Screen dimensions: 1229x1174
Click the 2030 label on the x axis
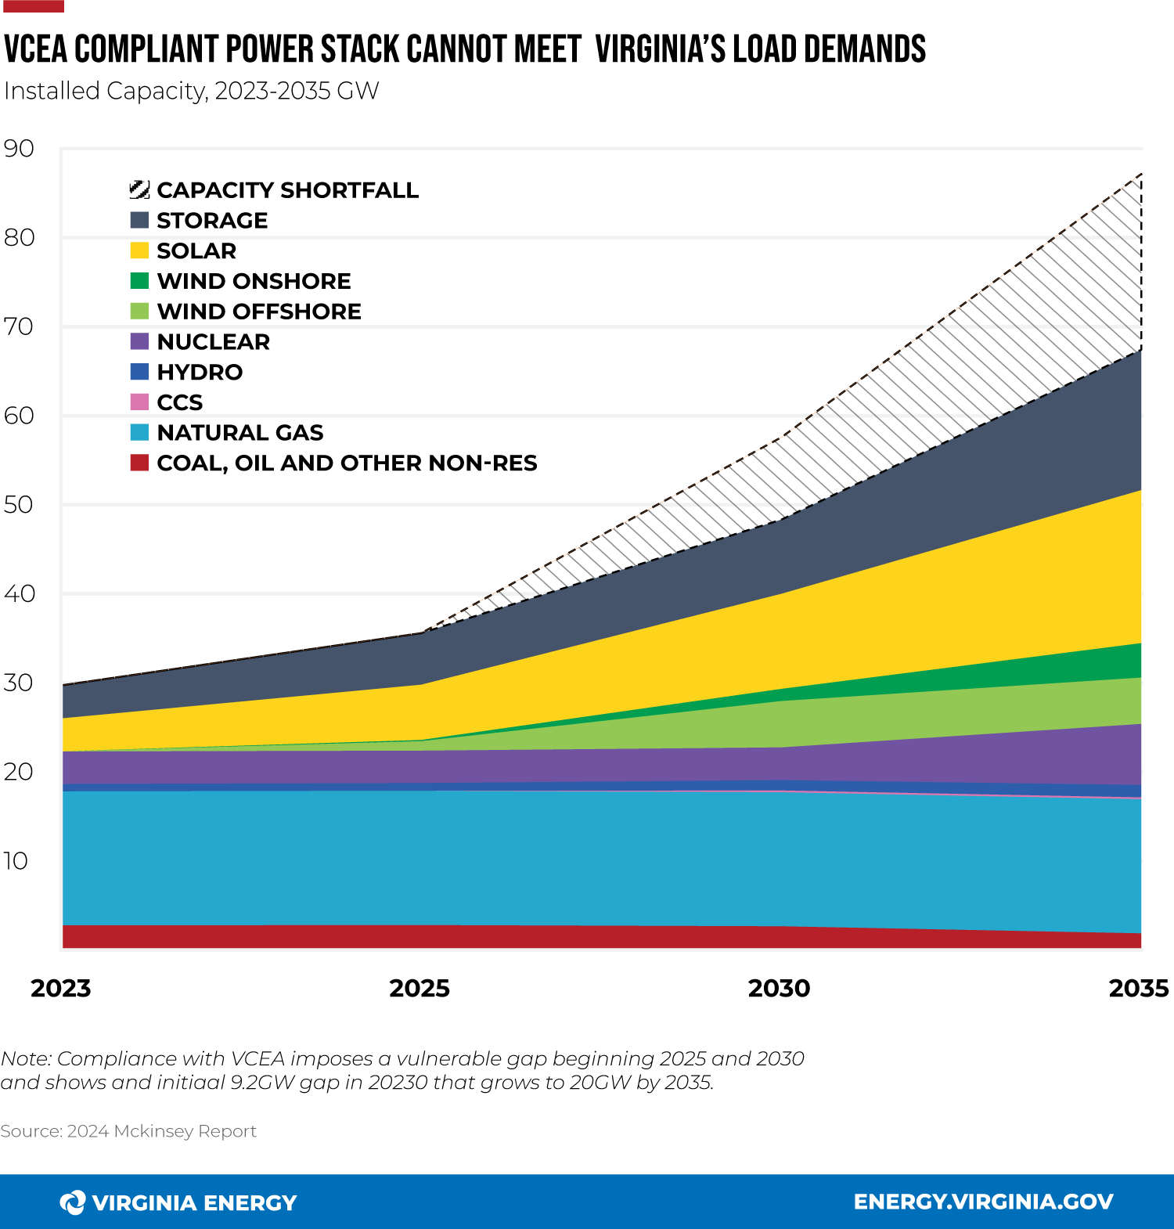click(x=779, y=988)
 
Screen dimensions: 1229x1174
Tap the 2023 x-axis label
click(x=61, y=988)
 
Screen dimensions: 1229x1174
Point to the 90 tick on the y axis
click(x=19, y=148)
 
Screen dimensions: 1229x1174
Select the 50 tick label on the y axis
click(x=19, y=504)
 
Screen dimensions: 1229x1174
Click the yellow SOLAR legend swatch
click(x=139, y=250)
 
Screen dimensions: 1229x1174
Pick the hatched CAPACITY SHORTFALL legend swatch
click(x=139, y=189)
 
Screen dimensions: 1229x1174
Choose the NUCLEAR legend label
click(x=213, y=342)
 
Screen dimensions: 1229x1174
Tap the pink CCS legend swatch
click(x=139, y=402)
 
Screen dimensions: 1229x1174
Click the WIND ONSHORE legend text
click(x=254, y=281)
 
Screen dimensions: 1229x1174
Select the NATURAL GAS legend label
click(x=239, y=433)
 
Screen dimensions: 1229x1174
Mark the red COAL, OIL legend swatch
click(x=139, y=463)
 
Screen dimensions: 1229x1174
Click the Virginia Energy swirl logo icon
click(x=73, y=1202)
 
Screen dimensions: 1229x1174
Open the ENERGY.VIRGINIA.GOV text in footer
click(x=983, y=1202)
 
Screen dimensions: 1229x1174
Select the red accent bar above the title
click(x=33, y=6)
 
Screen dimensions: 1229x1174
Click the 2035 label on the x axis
click(x=1138, y=988)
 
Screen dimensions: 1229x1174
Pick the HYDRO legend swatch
click(x=139, y=372)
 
